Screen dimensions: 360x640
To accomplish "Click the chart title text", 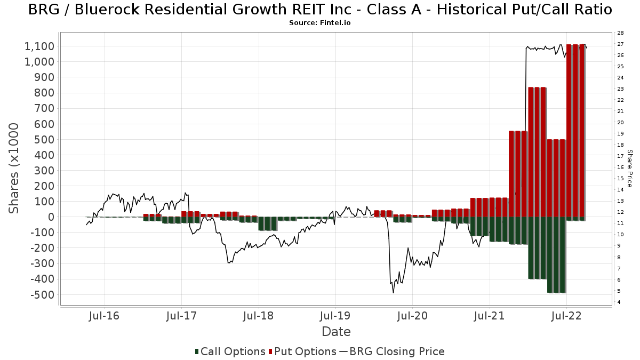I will tap(319, 10).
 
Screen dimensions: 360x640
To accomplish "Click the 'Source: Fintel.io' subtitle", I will tap(319, 23).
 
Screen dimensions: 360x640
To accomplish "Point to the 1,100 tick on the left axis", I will tap(39, 46).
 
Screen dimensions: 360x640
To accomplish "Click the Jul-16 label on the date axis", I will tap(105, 315).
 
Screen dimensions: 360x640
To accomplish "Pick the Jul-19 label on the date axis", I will tap(335, 315).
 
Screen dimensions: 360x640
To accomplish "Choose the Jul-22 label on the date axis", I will tap(566, 315).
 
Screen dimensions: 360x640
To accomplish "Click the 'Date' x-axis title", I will tap(336, 332).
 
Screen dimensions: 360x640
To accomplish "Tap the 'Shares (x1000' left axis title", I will tap(15, 168).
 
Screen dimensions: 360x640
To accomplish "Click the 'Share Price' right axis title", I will tap(629, 168).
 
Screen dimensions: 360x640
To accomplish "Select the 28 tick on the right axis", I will tap(620, 33).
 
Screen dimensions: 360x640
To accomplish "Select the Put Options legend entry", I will tap(302, 351).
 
